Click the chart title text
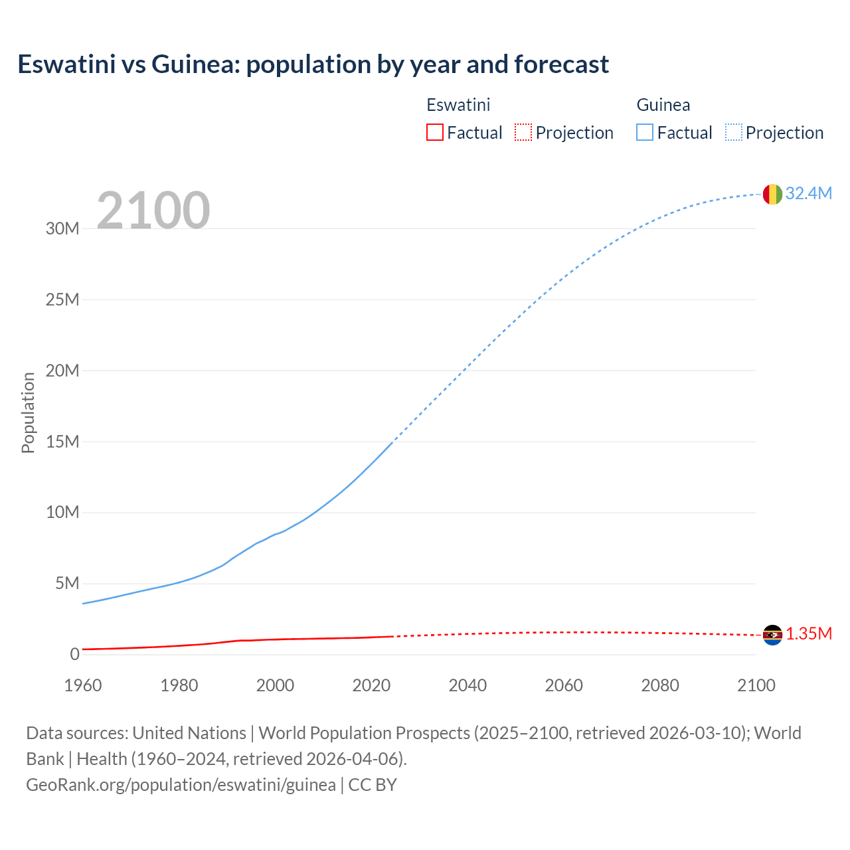(x=313, y=64)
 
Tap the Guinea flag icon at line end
(x=772, y=194)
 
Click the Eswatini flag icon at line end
(x=772, y=635)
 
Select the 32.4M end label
(x=808, y=193)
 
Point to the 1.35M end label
(x=809, y=634)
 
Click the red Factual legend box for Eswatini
(x=434, y=132)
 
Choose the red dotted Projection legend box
(x=523, y=132)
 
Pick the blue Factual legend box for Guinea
(x=645, y=132)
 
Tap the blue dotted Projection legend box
(x=734, y=132)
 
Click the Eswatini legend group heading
(x=458, y=105)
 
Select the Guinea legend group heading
(x=663, y=105)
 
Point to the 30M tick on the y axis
(x=62, y=228)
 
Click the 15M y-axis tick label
(x=62, y=442)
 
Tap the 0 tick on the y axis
(x=74, y=654)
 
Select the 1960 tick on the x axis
(x=83, y=685)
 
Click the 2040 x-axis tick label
(x=467, y=685)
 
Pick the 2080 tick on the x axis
(x=660, y=685)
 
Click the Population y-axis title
(x=28, y=412)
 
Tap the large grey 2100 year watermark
(x=153, y=211)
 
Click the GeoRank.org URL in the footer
(x=181, y=784)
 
